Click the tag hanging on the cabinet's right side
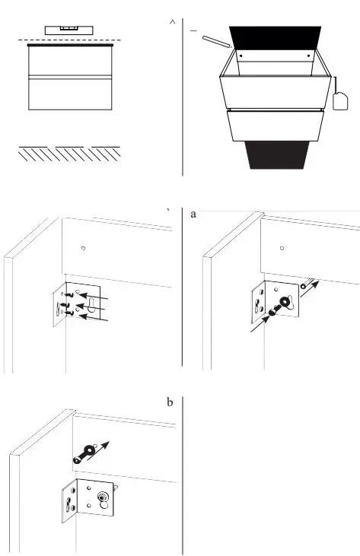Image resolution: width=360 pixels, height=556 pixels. click(x=340, y=99)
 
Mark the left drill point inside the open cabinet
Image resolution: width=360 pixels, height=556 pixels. click(x=241, y=56)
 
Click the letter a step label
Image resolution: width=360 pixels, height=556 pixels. click(x=193, y=214)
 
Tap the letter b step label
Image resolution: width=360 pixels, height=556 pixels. click(x=169, y=401)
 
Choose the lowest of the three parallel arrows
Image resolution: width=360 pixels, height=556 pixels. click(x=99, y=320)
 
